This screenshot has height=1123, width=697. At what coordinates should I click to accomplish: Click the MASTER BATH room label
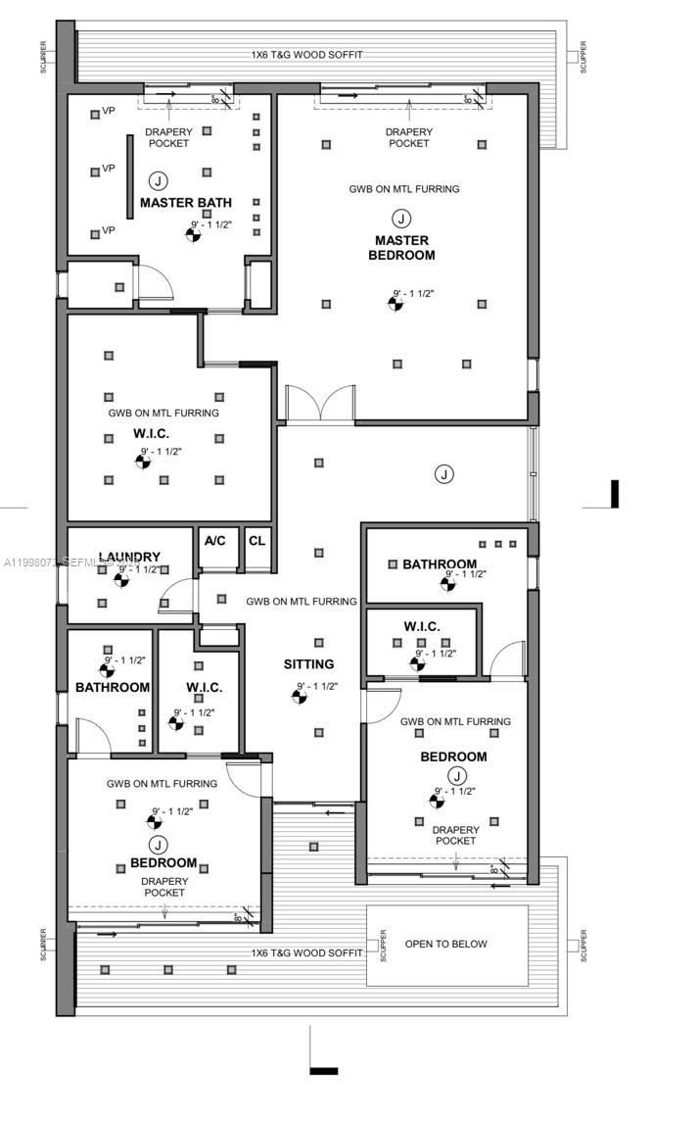186,203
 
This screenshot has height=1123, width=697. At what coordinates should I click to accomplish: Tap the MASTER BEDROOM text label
401,248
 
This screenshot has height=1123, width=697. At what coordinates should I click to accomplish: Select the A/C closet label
215,540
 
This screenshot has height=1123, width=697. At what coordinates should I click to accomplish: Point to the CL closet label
256,540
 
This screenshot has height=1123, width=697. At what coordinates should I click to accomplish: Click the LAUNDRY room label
129,557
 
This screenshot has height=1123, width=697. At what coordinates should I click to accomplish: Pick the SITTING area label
308,664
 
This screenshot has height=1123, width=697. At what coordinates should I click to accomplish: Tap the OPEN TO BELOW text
445,944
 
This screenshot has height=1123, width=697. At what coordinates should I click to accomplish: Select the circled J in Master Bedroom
401,218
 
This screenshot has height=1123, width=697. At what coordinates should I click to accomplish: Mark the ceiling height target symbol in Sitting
300,696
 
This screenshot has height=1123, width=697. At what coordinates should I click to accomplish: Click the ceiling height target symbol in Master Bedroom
396,303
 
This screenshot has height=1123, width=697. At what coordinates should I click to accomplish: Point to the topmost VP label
110,112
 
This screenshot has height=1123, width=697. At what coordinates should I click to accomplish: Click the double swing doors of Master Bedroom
318,404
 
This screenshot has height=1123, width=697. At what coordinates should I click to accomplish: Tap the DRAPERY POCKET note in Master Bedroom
408,137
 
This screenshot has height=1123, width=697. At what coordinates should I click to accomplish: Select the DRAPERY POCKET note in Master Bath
168,137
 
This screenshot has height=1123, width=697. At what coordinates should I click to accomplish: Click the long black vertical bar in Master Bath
129,177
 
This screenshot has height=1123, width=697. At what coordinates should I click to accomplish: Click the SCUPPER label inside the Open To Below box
384,945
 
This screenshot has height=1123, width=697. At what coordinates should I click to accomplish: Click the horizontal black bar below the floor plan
324,1070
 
